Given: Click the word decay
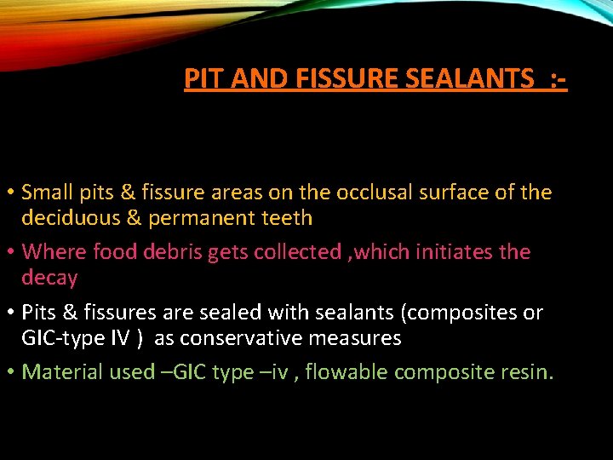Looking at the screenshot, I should pyautogui.click(x=49, y=278).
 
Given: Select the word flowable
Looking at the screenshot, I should pyautogui.click(x=349, y=372).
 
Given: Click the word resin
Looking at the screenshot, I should pyautogui.click(x=528, y=372).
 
